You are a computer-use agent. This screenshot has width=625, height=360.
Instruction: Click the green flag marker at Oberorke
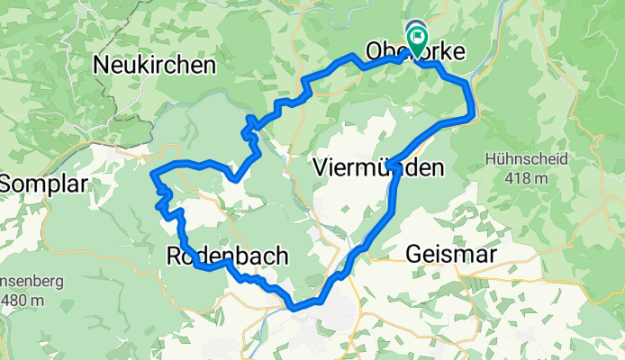[418, 40]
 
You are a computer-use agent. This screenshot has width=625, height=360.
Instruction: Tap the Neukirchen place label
[155, 66]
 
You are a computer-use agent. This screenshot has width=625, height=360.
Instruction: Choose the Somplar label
[43, 184]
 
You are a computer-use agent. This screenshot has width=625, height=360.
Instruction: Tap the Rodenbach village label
[228, 256]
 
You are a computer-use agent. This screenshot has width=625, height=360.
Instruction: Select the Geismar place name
[465, 256]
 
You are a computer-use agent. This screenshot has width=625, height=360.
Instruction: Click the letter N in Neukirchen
[101, 66]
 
